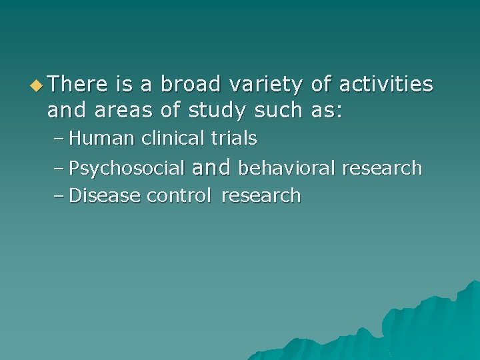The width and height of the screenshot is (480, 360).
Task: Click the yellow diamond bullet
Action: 38,85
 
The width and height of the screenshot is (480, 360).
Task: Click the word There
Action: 77,85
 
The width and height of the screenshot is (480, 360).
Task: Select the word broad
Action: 191,85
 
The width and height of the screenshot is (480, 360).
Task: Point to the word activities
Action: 386,85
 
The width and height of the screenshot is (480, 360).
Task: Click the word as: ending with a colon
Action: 327,110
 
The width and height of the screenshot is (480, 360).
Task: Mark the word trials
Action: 234,139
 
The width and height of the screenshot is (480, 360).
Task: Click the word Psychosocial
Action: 127,169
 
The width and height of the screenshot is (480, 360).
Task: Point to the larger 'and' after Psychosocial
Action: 211,167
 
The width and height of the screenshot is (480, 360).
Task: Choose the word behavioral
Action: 287,169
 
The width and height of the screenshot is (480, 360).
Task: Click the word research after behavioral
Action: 382,169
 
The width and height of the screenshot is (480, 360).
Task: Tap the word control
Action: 179,196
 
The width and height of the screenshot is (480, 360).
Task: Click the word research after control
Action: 261,196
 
